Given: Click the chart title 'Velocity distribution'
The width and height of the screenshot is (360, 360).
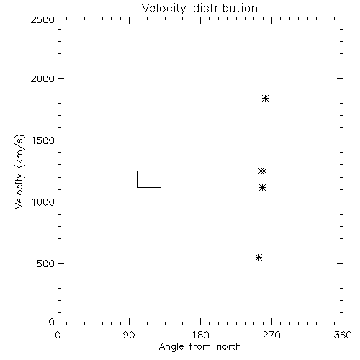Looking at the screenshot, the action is [199, 8].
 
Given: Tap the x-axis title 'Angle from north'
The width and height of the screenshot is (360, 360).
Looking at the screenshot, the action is [199, 347].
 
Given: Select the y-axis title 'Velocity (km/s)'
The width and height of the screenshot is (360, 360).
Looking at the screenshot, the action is [19, 171].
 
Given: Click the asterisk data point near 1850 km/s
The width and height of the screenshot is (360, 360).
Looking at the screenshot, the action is [265, 98].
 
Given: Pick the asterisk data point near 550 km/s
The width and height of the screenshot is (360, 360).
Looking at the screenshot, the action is [258, 258].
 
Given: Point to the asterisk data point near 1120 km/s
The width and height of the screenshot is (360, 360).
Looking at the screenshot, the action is [263, 188].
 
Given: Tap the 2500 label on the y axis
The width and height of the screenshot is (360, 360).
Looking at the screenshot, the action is [42, 19].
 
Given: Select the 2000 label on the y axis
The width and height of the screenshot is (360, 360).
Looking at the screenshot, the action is [42, 79].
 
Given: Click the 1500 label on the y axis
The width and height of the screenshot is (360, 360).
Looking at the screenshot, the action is [43, 140].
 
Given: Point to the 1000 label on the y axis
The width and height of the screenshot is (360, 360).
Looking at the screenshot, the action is [43, 202].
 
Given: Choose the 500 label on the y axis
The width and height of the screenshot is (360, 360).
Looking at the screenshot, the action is [46, 264].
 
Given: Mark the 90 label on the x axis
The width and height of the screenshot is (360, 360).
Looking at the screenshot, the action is [129, 335].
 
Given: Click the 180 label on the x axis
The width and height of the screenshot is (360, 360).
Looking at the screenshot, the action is [199, 335].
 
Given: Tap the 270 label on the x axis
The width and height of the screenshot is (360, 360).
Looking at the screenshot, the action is [271, 335].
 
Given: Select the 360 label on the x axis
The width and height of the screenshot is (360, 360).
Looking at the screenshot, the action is [343, 335].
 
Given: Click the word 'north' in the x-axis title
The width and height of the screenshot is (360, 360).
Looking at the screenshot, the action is [229, 346].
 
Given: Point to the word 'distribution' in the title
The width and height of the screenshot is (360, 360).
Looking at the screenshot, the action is [225, 8].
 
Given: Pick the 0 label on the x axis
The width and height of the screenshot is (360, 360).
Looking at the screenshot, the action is [58, 335].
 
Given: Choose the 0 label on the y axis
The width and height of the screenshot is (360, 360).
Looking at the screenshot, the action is [52, 322].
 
